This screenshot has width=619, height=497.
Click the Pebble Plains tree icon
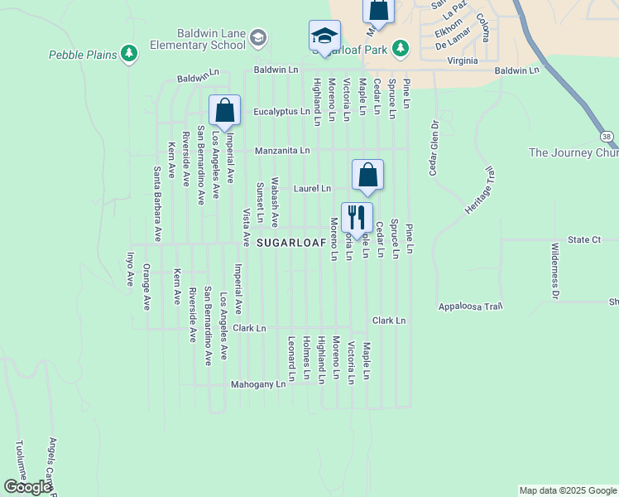(x=128, y=54)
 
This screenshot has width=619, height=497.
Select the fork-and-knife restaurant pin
(x=357, y=218)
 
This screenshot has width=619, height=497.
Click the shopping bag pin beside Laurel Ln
(x=367, y=175)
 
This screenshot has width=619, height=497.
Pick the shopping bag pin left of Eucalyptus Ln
(x=224, y=110)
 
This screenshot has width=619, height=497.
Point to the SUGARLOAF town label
(x=289, y=243)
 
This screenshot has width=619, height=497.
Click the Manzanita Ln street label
(x=282, y=151)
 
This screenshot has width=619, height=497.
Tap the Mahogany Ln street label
(x=258, y=384)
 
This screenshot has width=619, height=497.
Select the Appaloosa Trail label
(x=470, y=306)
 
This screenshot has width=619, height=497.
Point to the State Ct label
(x=583, y=239)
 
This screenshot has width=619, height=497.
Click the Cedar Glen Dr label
(x=432, y=148)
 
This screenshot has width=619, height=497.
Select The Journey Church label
(x=573, y=152)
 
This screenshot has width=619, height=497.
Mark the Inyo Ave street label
(x=130, y=270)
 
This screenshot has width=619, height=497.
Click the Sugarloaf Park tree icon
(x=401, y=49)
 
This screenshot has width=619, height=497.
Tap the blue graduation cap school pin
(x=324, y=36)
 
